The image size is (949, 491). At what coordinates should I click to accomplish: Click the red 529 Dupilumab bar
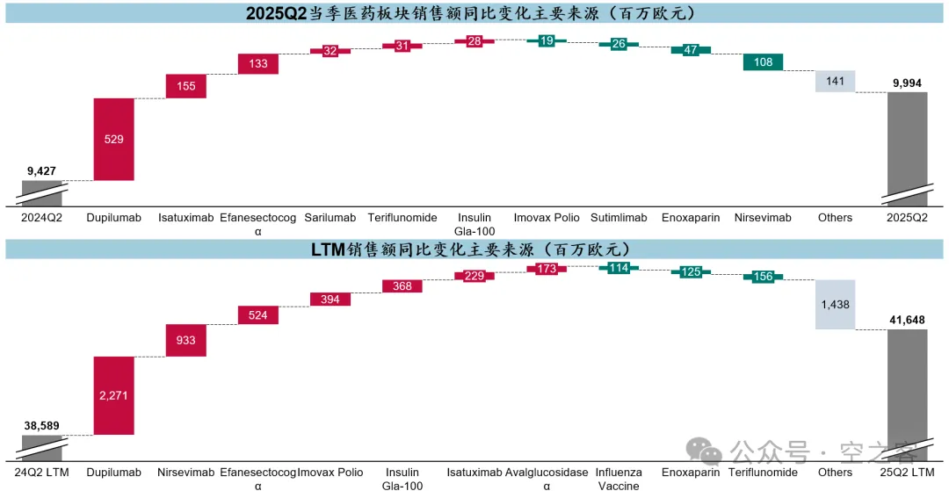point(113,139)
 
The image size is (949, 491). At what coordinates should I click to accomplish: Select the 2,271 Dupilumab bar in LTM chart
point(113,395)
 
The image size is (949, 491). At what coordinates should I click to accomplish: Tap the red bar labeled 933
point(185,341)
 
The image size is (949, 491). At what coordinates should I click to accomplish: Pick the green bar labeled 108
point(764,61)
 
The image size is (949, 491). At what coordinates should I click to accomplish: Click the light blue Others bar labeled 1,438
point(836,305)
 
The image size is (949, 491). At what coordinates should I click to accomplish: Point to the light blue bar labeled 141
point(836,81)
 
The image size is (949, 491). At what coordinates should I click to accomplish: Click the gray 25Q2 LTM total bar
point(907,395)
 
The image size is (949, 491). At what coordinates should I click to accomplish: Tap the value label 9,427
point(42,171)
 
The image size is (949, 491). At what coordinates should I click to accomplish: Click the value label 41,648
point(907,320)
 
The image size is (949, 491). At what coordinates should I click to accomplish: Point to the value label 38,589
point(42,426)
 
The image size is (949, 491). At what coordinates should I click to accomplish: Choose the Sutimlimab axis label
point(619,218)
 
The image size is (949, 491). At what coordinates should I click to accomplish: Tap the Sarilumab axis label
point(330,218)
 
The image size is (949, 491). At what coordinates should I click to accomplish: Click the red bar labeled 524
point(257,315)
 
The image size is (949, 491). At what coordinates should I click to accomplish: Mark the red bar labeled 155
point(185,86)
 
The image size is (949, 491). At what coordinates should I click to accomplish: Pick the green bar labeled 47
point(691,50)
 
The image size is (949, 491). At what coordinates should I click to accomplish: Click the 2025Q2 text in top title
point(276,13)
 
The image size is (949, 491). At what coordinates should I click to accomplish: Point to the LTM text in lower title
point(328,249)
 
